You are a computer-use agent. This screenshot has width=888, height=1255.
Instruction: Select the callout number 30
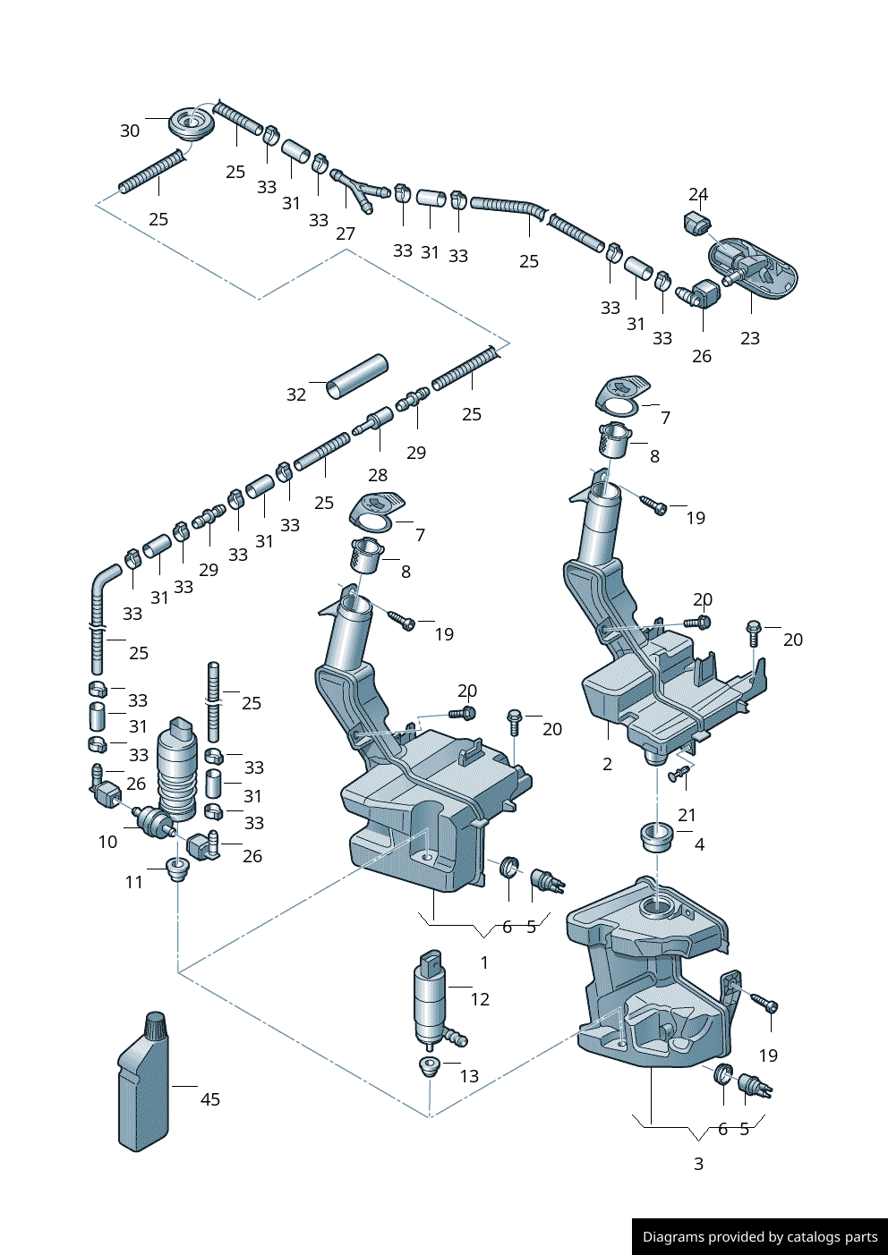click(130, 131)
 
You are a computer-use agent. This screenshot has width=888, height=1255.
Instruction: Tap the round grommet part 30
click(191, 123)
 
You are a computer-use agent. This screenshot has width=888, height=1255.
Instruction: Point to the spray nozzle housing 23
click(754, 265)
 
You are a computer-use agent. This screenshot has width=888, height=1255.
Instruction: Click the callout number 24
click(698, 194)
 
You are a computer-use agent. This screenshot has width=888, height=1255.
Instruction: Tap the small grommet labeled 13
click(430, 1066)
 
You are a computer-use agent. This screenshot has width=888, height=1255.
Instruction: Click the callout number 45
click(210, 1099)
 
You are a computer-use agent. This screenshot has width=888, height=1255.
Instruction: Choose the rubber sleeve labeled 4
click(657, 837)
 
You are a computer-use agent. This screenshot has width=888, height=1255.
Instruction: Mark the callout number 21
click(687, 815)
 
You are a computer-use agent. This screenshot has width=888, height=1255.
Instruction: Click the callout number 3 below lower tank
click(698, 1164)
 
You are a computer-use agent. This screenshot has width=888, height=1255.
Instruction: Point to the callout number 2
click(608, 764)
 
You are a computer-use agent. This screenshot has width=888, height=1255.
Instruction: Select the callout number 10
click(107, 842)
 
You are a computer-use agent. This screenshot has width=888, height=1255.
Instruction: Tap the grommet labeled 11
click(178, 869)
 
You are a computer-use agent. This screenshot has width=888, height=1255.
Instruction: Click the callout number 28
click(378, 475)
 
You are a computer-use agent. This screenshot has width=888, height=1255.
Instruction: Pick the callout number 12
click(480, 999)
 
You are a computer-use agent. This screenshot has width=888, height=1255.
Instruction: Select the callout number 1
click(484, 962)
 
